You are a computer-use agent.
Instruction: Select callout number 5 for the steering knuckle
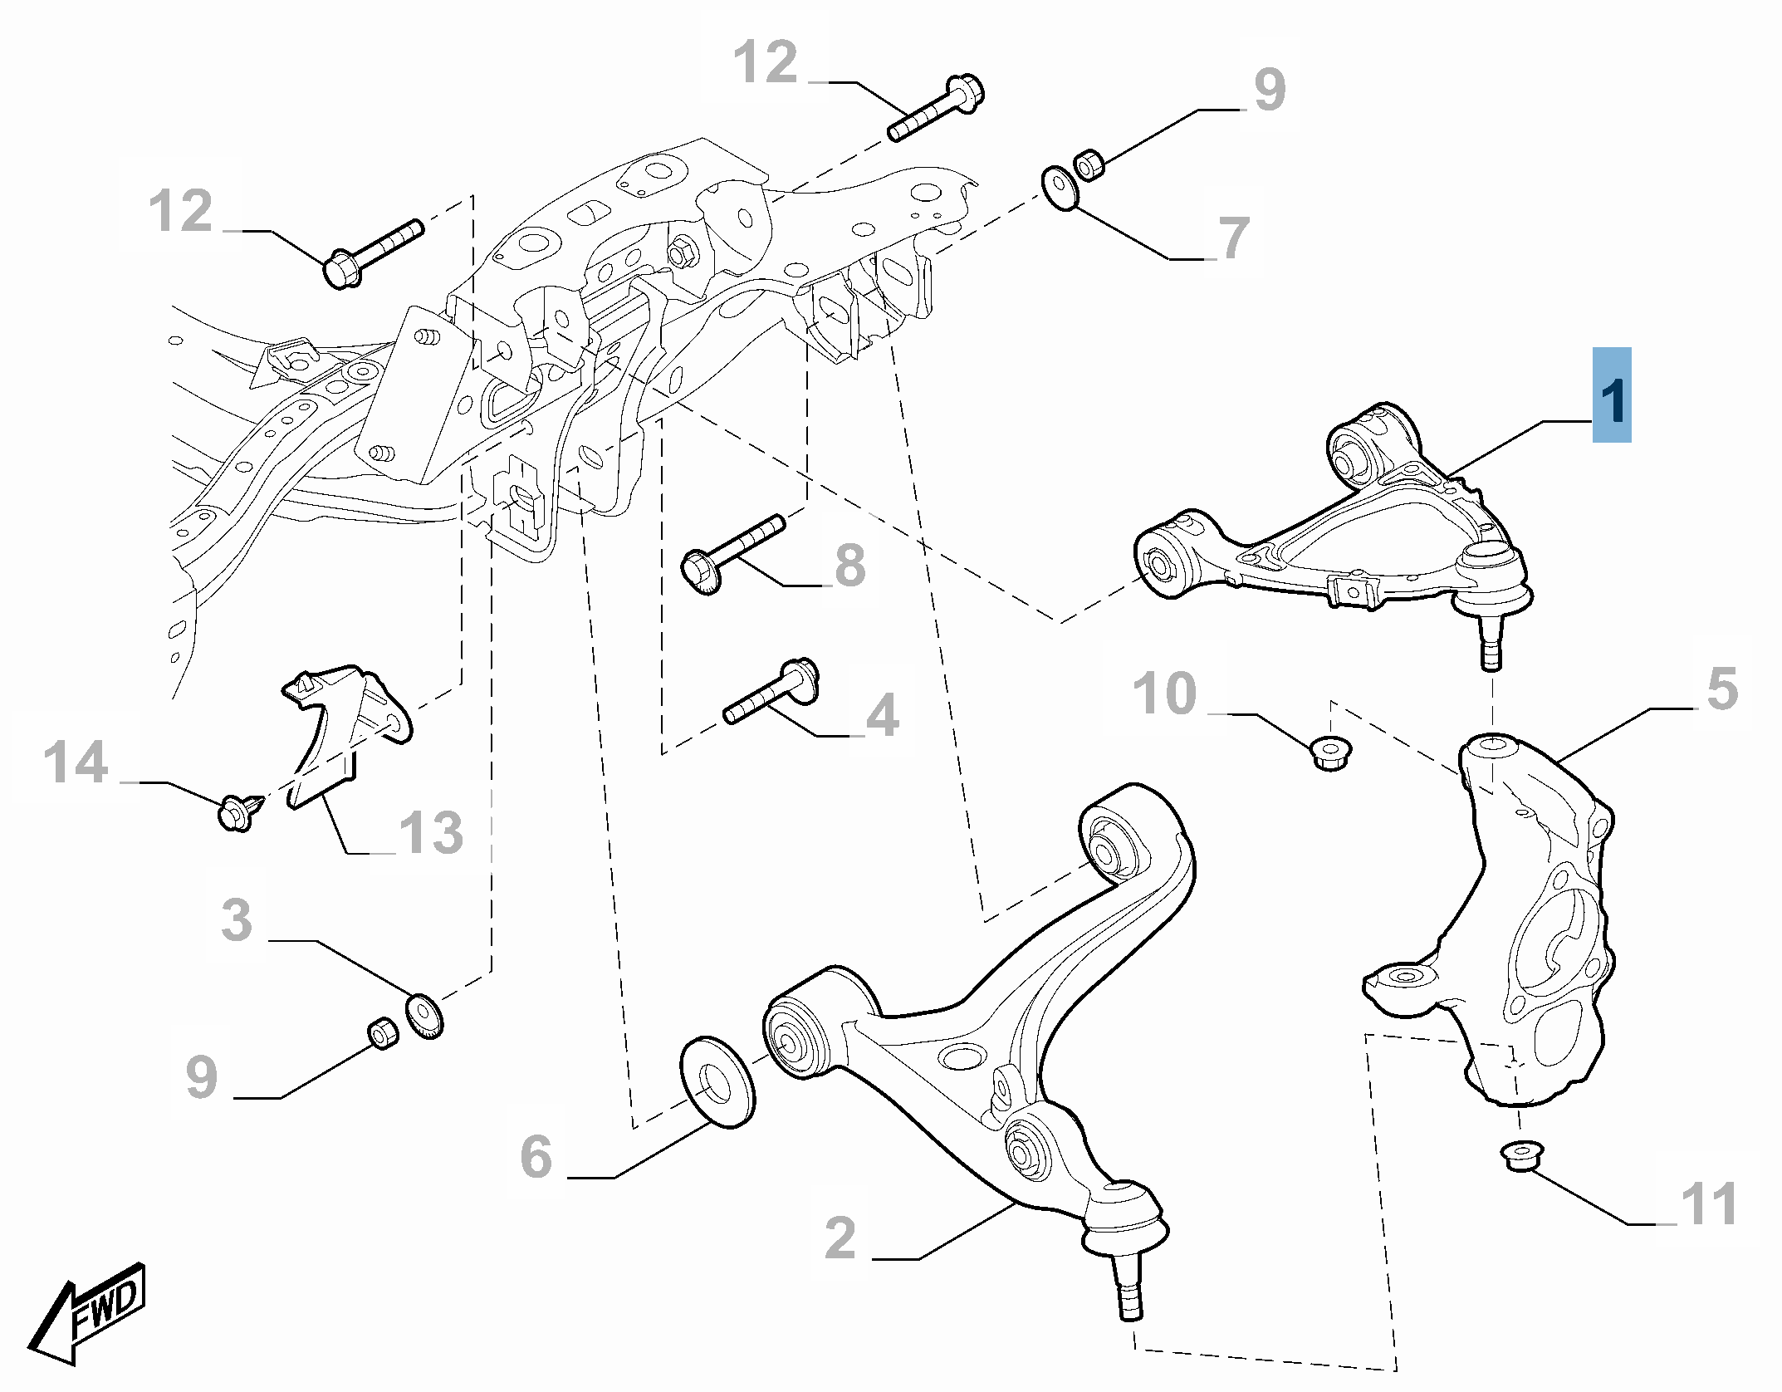[x=1721, y=689]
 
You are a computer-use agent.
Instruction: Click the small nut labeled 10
[x=1330, y=752]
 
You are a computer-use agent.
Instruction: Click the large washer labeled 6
[x=717, y=1081]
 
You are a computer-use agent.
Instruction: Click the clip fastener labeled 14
[x=237, y=811]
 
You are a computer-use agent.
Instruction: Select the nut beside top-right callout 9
[x=1089, y=164]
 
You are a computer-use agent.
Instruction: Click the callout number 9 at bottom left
[x=202, y=1077]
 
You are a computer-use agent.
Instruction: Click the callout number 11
[x=1709, y=1204]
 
